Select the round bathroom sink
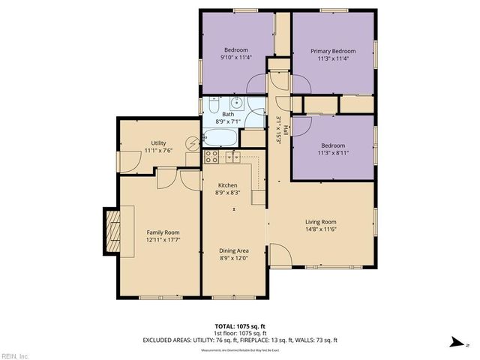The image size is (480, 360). tap(235, 105)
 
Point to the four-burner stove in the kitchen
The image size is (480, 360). tap(212, 157)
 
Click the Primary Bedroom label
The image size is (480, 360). tap(333, 51)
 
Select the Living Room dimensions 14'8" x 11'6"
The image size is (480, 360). tap(320, 229)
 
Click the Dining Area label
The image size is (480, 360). tap(233, 250)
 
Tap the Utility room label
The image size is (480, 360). tap(158, 142)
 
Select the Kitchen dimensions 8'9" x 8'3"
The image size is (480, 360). tap(228, 193)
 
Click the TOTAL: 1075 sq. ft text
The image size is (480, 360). tap(239, 326)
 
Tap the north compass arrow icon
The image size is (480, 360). tap(454, 343)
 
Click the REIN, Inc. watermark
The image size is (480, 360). tap(15, 355)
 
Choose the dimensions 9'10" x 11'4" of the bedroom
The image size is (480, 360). tap(235, 55)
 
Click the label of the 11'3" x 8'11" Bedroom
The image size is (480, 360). tap(333, 145)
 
